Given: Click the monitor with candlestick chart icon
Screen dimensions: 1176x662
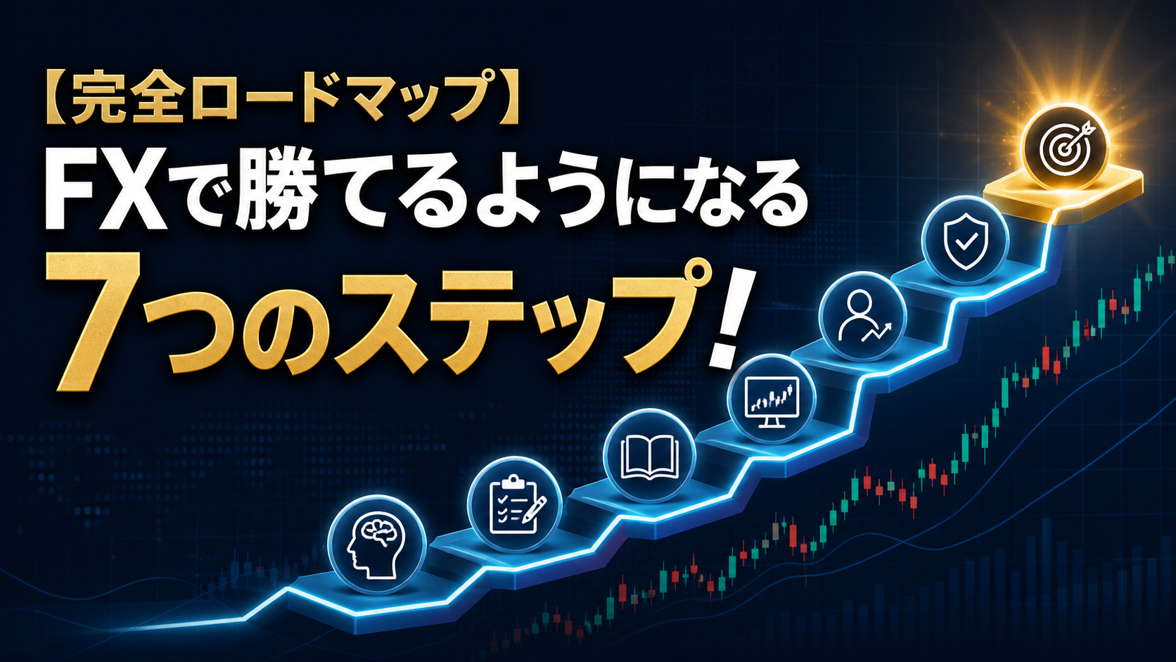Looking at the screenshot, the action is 772,402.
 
